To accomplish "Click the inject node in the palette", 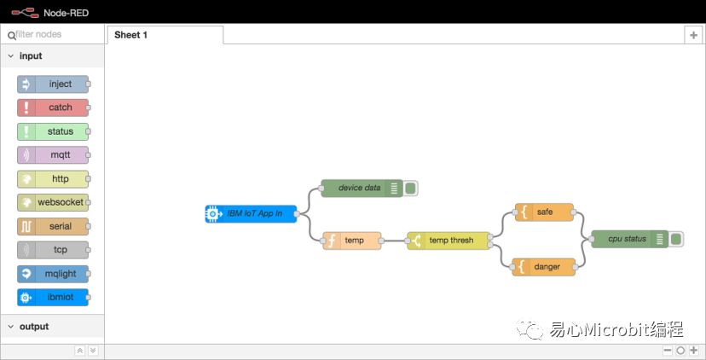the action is click(53, 84).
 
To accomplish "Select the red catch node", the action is click(53, 107).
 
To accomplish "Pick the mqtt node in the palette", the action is click(53, 155).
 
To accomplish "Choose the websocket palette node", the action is click(53, 202).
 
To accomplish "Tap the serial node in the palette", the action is click(53, 226).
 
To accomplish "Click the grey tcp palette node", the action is click(53, 250).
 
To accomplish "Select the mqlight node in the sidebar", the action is click(53, 274).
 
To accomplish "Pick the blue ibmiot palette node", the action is click(53, 298).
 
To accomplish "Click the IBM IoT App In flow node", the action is click(251, 213).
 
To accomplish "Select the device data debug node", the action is click(362, 188).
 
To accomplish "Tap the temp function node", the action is click(352, 241).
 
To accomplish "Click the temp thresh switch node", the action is click(448, 241).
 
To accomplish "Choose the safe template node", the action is click(544, 212).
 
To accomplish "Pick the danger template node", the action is click(543, 267).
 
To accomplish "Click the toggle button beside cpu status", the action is click(676, 239).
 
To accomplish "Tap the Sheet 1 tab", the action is click(165, 35).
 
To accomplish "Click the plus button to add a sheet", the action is click(694, 35).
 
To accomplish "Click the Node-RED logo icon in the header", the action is click(25, 13).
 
